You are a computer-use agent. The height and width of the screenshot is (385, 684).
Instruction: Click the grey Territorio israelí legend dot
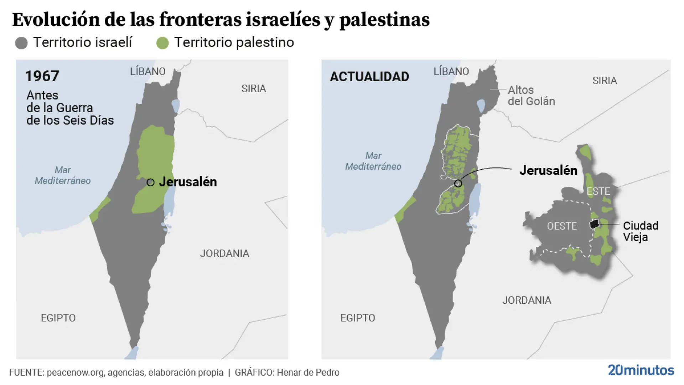pyautogui.click(x=21, y=43)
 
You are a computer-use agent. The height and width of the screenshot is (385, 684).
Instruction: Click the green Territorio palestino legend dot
pyautogui.click(x=162, y=43)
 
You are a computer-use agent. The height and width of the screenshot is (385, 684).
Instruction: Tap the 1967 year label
pyautogui.click(x=42, y=76)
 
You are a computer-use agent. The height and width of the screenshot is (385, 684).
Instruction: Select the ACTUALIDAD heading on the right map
pyautogui.click(x=369, y=77)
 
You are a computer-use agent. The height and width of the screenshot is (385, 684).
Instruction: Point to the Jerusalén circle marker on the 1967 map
pyautogui.click(x=151, y=183)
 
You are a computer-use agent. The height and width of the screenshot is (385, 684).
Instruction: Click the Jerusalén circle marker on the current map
pyautogui.click(x=458, y=184)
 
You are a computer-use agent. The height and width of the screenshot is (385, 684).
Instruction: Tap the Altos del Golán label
pyautogui.click(x=531, y=96)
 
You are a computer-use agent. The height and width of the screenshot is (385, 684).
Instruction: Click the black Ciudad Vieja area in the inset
pyautogui.click(x=594, y=224)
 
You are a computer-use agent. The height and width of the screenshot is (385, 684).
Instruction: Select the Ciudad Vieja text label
pyautogui.click(x=640, y=231)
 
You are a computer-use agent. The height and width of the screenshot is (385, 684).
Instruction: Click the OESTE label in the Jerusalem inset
pyautogui.click(x=562, y=226)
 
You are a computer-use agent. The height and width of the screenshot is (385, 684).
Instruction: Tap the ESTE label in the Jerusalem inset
pyautogui.click(x=598, y=191)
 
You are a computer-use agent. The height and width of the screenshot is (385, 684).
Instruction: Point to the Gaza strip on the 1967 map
pyautogui.click(x=99, y=210)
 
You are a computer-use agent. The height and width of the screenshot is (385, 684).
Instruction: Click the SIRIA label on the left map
pyautogui.click(x=254, y=88)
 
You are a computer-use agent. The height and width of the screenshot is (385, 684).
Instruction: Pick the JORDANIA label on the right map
pyautogui.click(x=527, y=300)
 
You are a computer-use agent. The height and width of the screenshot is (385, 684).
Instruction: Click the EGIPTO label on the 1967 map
pyautogui.click(x=58, y=318)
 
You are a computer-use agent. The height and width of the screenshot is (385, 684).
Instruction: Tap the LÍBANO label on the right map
pyautogui.click(x=451, y=71)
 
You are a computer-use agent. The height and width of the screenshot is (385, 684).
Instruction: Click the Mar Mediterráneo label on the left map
pyautogui.click(x=63, y=175)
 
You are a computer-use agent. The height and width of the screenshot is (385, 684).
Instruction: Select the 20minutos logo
pyautogui.click(x=641, y=370)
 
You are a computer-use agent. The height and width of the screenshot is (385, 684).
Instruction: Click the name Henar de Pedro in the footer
pyautogui.click(x=308, y=373)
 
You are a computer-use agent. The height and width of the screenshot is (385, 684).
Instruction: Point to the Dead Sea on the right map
pyautogui.click(x=475, y=201)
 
